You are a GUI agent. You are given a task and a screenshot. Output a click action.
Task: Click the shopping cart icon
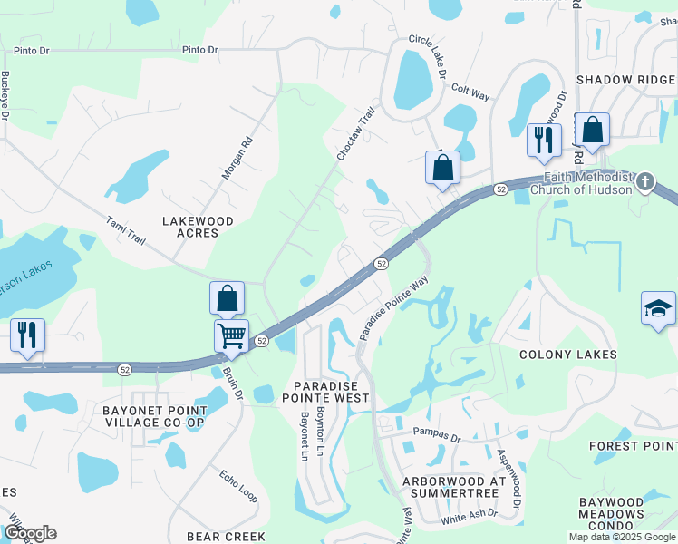coord(232,335)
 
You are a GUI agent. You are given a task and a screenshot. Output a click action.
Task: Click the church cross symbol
coord(644,181)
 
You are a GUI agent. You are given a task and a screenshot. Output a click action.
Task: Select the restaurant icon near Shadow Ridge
coord(544,139)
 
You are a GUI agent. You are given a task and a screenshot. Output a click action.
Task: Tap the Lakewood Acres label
coord(198,227)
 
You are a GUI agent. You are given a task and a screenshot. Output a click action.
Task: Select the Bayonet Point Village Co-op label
coord(154,417)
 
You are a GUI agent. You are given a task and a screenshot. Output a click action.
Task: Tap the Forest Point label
coord(633,446)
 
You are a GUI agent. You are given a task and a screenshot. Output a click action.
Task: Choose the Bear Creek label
coord(227,537)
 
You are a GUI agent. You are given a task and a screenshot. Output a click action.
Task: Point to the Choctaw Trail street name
coord(355,134)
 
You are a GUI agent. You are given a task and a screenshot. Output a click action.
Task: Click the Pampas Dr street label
coord(431,432)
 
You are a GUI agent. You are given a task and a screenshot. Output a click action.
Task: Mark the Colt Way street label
coord(470,92)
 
